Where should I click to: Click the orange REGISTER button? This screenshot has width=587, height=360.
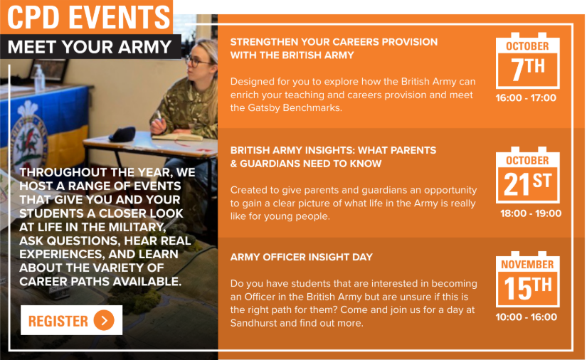71,320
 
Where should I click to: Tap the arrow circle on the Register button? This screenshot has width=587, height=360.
104,320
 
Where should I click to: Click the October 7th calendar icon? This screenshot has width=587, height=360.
527,60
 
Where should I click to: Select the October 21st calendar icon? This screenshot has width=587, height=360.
527,175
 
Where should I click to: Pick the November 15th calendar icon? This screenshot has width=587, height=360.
527,279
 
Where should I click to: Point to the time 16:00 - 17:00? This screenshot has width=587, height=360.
526,98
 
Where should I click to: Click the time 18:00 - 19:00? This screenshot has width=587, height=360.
531,213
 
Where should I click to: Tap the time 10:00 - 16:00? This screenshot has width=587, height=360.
526,317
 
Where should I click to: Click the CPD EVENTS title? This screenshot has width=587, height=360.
89,17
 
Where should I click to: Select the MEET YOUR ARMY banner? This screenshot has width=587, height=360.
90,47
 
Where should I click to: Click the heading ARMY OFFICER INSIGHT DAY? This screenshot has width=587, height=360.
302,257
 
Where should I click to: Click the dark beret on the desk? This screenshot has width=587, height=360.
122,134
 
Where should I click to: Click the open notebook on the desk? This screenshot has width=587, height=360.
177,137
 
